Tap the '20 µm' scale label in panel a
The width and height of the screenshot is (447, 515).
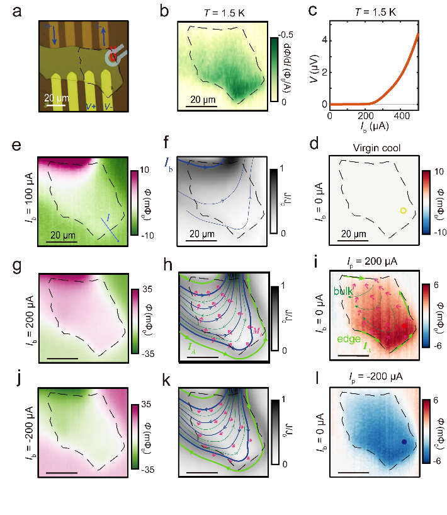coord(55,98)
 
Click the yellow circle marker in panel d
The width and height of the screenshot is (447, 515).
coord(403,211)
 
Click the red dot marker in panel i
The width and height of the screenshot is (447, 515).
coord(404,326)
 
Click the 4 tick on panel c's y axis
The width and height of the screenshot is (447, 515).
coord(322,39)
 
